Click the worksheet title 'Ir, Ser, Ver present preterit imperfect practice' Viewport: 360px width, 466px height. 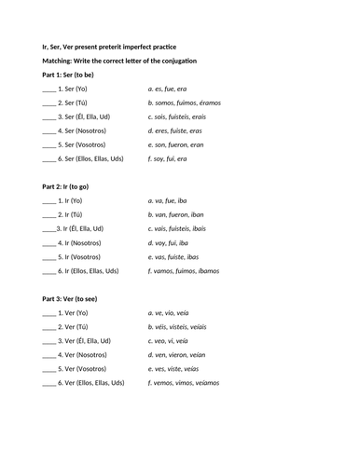coord(118,46)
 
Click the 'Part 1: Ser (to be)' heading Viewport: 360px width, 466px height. coord(75,74)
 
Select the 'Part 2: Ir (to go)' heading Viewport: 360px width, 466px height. coord(74,186)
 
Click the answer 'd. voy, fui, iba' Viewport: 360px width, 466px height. coord(174,242)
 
